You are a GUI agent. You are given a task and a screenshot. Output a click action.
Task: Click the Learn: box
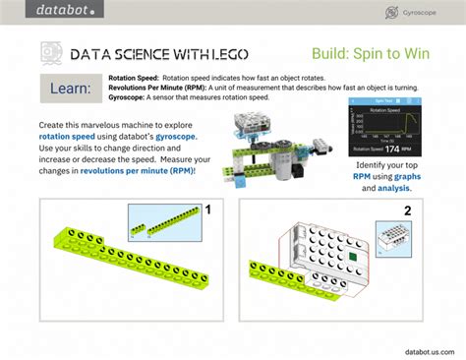[x=70, y=90]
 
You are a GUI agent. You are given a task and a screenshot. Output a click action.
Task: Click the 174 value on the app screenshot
[x=390, y=149]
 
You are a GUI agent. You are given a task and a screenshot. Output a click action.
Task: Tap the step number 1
[x=207, y=210]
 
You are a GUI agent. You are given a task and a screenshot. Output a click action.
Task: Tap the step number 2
[x=407, y=210]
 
